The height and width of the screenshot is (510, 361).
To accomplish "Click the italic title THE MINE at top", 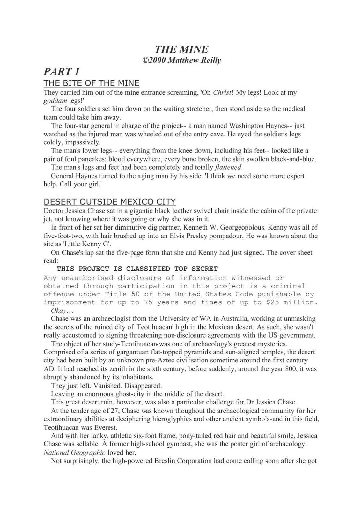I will click(x=181, y=49).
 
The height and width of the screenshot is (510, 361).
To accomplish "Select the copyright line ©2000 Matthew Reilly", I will click(x=181, y=60).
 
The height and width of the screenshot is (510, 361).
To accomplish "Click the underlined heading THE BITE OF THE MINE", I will click(x=91, y=84).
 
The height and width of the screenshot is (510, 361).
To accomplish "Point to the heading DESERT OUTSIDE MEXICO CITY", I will click(x=109, y=202).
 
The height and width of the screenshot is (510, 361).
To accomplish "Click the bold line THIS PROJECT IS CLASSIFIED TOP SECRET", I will click(x=137, y=269).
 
